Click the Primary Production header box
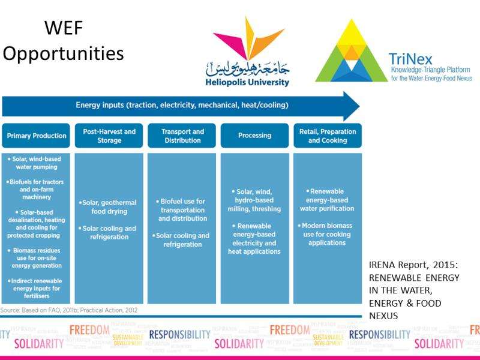tap(36, 136)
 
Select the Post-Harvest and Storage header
tap(109, 136)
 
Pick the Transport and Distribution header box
tap(182, 136)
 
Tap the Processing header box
tap(254, 136)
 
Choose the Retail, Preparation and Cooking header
tap(328, 136)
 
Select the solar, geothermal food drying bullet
tap(109, 207)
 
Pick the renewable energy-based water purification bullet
tap(328, 199)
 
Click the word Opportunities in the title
tap(63, 53)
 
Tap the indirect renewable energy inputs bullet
tap(37, 289)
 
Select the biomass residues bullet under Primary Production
tap(37, 257)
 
